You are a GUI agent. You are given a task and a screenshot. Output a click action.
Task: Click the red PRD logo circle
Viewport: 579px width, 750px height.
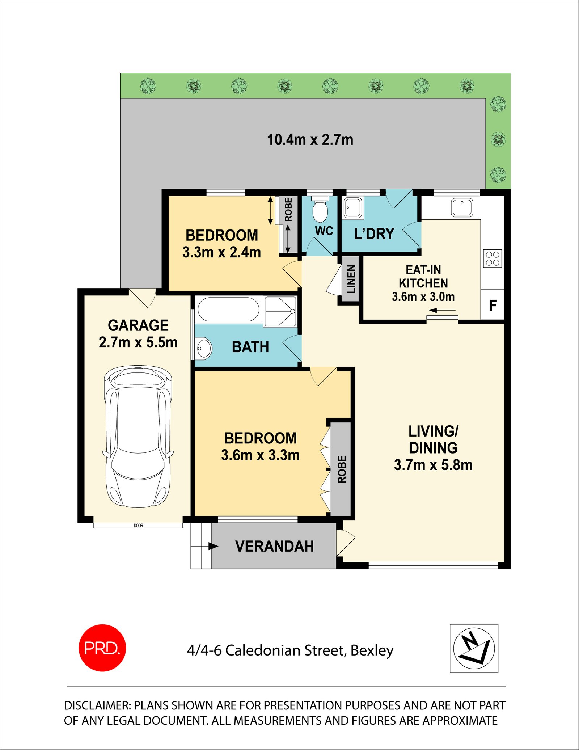coord(102,648)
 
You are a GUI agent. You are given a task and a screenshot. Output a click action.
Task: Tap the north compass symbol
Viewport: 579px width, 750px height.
coord(474,648)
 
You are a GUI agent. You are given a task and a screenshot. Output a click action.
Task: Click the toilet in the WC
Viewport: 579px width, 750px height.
coord(320,210)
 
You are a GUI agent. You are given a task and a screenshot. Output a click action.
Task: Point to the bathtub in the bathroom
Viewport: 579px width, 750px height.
coord(228,309)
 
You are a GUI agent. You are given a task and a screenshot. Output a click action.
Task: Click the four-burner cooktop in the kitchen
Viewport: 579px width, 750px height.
coord(493,258)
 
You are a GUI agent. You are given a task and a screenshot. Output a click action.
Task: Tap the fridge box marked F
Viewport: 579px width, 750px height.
coord(493,305)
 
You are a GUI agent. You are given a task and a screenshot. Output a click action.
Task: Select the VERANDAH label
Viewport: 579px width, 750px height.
coord(274,546)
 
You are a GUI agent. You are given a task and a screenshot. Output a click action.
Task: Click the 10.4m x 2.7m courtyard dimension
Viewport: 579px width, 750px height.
coord(310,140)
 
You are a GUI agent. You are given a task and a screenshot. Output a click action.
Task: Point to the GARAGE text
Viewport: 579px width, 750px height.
coord(138,325)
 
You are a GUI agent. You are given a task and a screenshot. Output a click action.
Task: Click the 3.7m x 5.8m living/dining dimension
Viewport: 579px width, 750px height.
coord(433,465)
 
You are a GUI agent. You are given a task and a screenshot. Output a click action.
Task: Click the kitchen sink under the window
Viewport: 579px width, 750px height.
coord(462,207)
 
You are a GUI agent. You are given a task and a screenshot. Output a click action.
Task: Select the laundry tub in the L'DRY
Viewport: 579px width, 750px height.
coord(353,208)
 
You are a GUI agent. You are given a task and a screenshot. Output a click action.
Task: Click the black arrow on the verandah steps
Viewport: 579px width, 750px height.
coord(213,546)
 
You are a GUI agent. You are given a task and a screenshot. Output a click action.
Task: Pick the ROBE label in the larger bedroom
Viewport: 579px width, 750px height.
coord(342,469)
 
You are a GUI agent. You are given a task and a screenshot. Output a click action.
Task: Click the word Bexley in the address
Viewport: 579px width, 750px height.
coord(372,650)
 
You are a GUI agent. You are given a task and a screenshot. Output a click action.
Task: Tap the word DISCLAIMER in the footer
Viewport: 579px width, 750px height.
coord(97,705)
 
